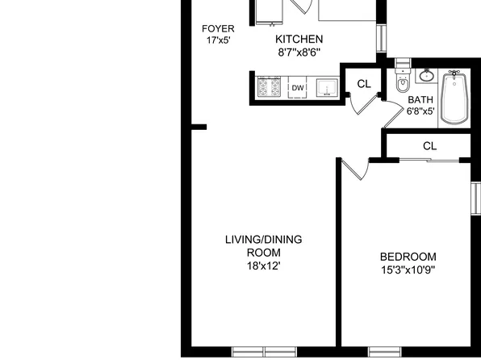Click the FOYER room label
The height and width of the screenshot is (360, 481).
[218, 28]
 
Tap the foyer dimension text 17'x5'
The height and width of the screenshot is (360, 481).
[218, 40]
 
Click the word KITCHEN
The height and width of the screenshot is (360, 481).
[299, 39]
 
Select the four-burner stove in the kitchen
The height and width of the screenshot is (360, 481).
[268, 86]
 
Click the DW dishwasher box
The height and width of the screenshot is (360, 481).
[298, 87]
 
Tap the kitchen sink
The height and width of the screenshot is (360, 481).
[327, 86]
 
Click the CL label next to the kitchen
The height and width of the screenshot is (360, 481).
[363, 82]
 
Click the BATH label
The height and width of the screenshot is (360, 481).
[420, 100]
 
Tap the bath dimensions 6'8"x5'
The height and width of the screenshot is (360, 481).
[420, 111]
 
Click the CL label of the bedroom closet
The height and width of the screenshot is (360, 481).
[429, 146]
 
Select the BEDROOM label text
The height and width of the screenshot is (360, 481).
[408, 257]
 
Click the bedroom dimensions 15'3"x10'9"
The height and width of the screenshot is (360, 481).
[408, 269]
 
